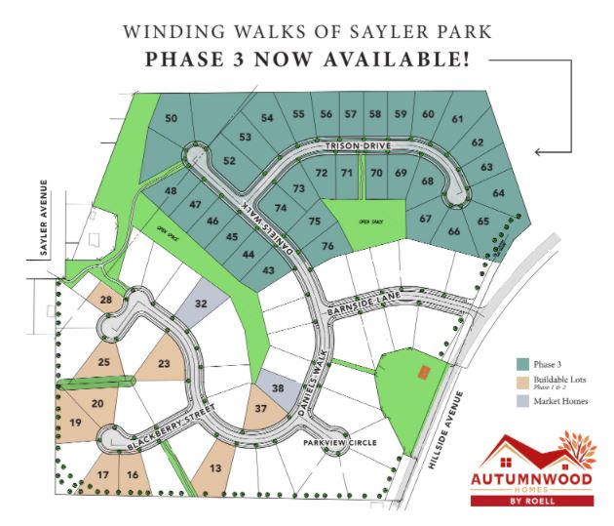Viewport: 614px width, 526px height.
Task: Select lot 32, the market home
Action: click(x=202, y=303)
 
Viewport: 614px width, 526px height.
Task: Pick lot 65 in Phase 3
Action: click(x=483, y=222)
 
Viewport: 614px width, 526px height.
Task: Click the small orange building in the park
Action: click(x=422, y=371)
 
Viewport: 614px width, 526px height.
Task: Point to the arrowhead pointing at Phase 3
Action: click(x=539, y=151)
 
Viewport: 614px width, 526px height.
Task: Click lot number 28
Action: click(x=106, y=299)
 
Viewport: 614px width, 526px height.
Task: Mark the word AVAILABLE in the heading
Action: click(x=395, y=60)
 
